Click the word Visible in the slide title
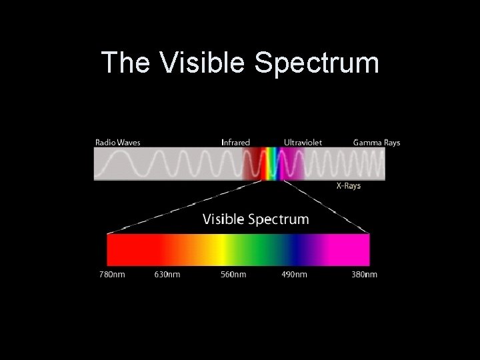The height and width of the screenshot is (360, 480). [x=203, y=63]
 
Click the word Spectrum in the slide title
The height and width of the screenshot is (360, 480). [x=317, y=65]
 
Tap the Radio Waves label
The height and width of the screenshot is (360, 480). [x=118, y=142]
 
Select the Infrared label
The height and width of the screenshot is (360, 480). [x=235, y=142]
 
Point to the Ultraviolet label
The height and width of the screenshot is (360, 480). [x=303, y=142]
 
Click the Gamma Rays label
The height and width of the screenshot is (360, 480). [x=377, y=142]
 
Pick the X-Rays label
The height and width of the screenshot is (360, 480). [x=348, y=186]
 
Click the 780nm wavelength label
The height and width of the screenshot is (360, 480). [x=111, y=275]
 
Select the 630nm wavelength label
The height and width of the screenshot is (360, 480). [x=167, y=275]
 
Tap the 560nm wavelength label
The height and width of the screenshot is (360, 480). [x=234, y=275]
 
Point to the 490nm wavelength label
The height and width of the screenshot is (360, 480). [x=294, y=275]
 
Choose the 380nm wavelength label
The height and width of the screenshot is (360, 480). [x=364, y=275]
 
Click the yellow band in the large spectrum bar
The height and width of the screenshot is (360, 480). [x=219, y=250]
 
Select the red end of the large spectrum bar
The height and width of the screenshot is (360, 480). [x=123, y=250]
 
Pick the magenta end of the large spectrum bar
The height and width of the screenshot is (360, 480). [x=357, y=250]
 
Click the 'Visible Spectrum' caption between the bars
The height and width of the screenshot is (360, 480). [x=255, y=219]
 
